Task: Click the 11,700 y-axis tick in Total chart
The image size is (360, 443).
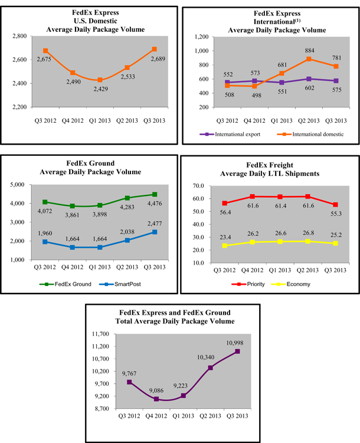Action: [106, 334]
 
